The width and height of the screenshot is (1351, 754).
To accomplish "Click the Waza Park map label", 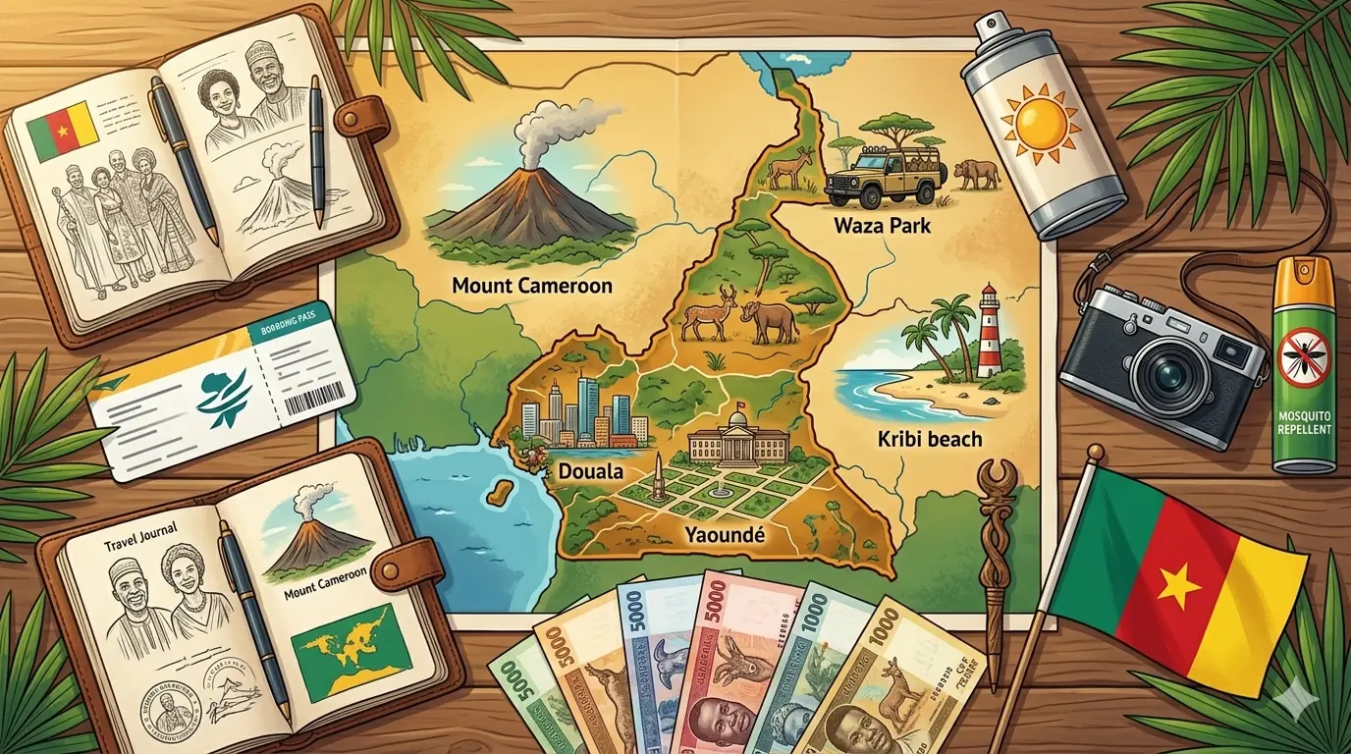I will pos(881,226).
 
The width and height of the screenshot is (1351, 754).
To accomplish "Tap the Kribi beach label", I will pos(929,438).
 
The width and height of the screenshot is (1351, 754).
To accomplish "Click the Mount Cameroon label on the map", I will pos(532,286).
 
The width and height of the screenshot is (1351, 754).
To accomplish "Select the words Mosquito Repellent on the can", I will pos(1303,422).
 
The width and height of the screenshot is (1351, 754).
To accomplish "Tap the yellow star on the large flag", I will pos(1178,588).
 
